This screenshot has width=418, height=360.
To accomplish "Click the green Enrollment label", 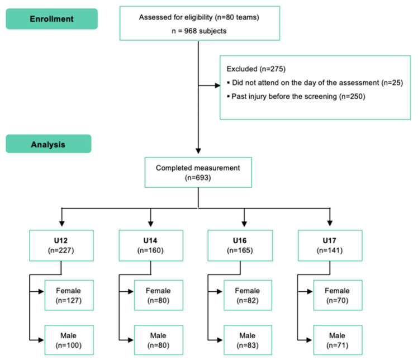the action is click(52, 18).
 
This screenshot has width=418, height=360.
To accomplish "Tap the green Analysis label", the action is click(49, 144).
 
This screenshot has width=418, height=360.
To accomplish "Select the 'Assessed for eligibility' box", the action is click(199, 23).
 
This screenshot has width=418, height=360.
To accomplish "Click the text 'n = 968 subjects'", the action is click(199, 31).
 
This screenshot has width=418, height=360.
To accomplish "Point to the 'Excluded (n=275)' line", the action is click(256, 69).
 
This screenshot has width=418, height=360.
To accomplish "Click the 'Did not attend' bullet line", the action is click(315, 83).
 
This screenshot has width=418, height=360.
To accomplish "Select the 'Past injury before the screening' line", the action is click(296, 96).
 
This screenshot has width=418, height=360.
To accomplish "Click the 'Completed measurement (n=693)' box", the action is click(198, 172).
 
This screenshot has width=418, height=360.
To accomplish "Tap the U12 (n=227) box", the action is click(61, 245).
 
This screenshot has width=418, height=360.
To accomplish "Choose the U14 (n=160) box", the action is click(151, 245).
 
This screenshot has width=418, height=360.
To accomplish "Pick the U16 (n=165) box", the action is click(240, 245).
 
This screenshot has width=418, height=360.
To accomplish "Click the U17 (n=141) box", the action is click(330, 245).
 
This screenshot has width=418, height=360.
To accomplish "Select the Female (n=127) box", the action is click(69, 295).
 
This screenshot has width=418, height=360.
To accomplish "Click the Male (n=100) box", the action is click(69, 340).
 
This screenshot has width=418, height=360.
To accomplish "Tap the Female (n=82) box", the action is click(248, 295).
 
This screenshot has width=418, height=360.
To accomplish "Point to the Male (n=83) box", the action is click(248, 340).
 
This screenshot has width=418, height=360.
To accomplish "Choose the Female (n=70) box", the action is click(338, 295).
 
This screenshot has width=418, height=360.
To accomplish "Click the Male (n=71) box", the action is click(338, 340).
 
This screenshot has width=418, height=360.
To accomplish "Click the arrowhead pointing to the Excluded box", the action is click(217, 86).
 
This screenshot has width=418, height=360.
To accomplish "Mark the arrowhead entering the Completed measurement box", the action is click(198, 151).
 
